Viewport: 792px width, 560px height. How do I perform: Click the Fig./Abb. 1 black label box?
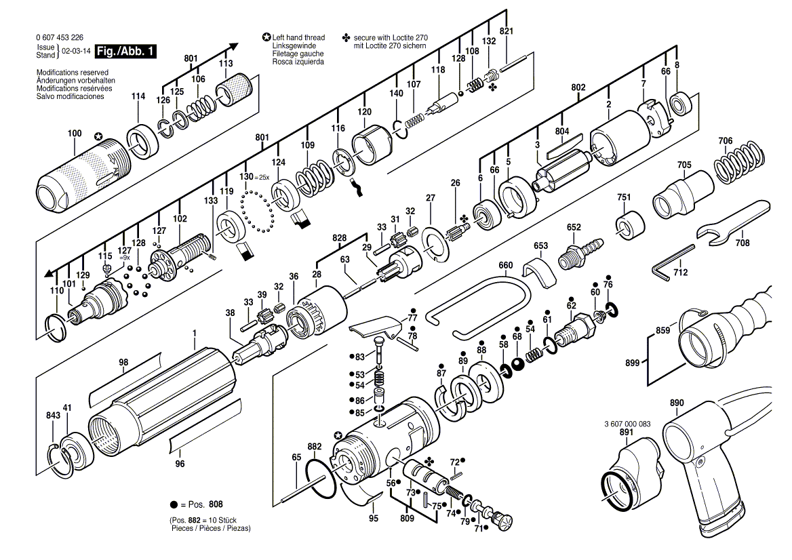click(x=125, y=51)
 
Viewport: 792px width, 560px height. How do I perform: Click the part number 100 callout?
click(x=75, y=134)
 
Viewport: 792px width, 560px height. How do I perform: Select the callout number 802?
click(x=578, y=87)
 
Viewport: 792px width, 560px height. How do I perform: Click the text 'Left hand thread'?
click(x=298, y=37)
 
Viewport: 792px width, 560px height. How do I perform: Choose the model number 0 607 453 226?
click(x=60, y=37)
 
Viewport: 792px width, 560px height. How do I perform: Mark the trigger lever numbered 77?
click(x=373, y=327)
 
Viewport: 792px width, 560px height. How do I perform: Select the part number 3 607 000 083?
click(x=627, y=424)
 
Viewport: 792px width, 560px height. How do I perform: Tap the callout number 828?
click(x=340, y=238)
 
